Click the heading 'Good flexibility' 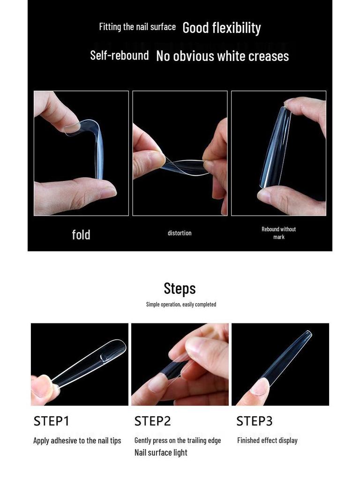(x=221, y=28)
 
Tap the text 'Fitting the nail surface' (x=137, y=27)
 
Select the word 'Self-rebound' (x=119, y=55)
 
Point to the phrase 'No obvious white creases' (x=222, y=56)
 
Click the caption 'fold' (x=81, y=234)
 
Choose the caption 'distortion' (x=180, y=233)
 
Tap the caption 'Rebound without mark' (x=278, y=232)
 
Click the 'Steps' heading (x=180, y=288)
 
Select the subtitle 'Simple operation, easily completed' (x=181, y=304)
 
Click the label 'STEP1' (x=51, y=421)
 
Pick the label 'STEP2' (x=152, y=421)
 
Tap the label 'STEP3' (x=254, y=421)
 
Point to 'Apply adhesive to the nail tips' (x=77, y=441)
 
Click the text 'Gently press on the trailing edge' (x=177, y=441)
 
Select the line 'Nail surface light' (x=161, y=452)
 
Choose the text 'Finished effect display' (x=267, y=441)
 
